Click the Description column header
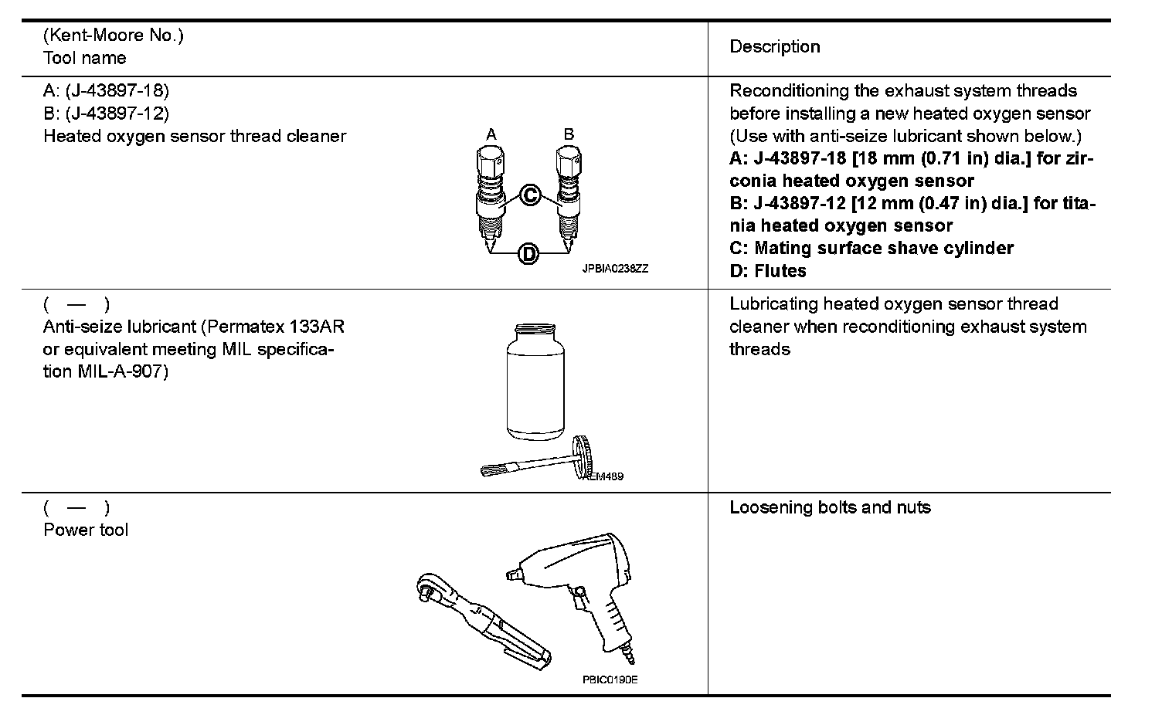click(x=774, y=47)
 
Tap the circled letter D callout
click(x=528, y=253)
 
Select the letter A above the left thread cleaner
click(x=491, y=134)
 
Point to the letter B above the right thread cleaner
click(x=569, y=134)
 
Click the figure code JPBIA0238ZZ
click(x=615, y=269)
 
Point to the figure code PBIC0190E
click(x=610, y=679)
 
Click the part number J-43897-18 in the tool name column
click(x=117, y=91)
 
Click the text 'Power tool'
click(x=86, y=530)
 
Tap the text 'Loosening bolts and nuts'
click(x=830, y=508)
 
